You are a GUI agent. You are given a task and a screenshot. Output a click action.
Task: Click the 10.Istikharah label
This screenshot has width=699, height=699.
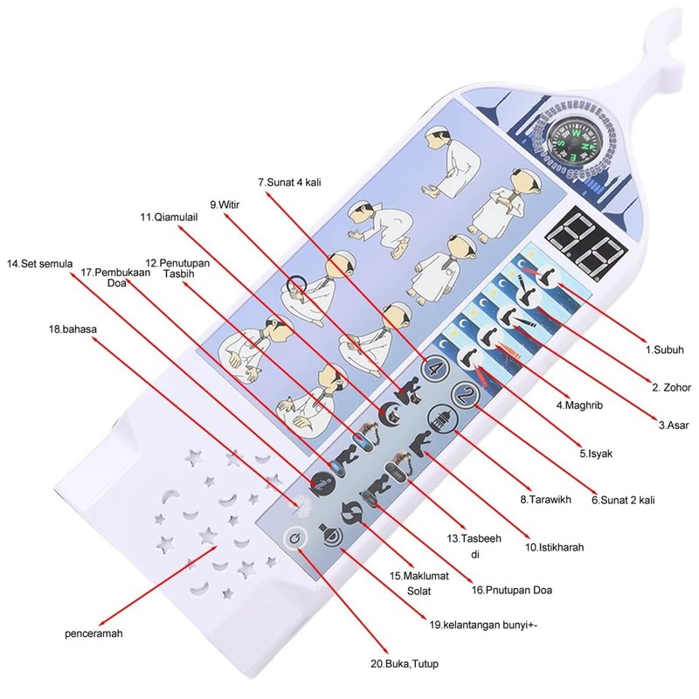554,548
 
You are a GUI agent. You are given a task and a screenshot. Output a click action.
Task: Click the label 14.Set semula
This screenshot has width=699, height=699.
40,263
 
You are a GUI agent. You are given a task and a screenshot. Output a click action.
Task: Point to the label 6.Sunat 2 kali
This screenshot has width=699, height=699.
623,501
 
